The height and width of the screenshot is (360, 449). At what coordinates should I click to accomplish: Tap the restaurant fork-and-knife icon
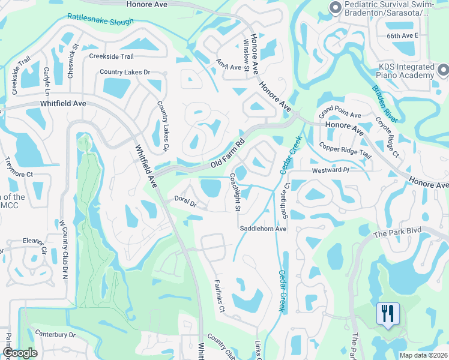pyautogui.click(x=387, y=313)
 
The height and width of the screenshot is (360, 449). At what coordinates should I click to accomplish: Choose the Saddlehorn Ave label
pyautogui.click(x=264, y=229)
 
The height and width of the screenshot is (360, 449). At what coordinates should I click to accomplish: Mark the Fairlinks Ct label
pyautogui.click(x=218, y=296)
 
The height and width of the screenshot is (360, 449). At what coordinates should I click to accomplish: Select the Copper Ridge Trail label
pyautogui.click(x=346, y=151)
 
